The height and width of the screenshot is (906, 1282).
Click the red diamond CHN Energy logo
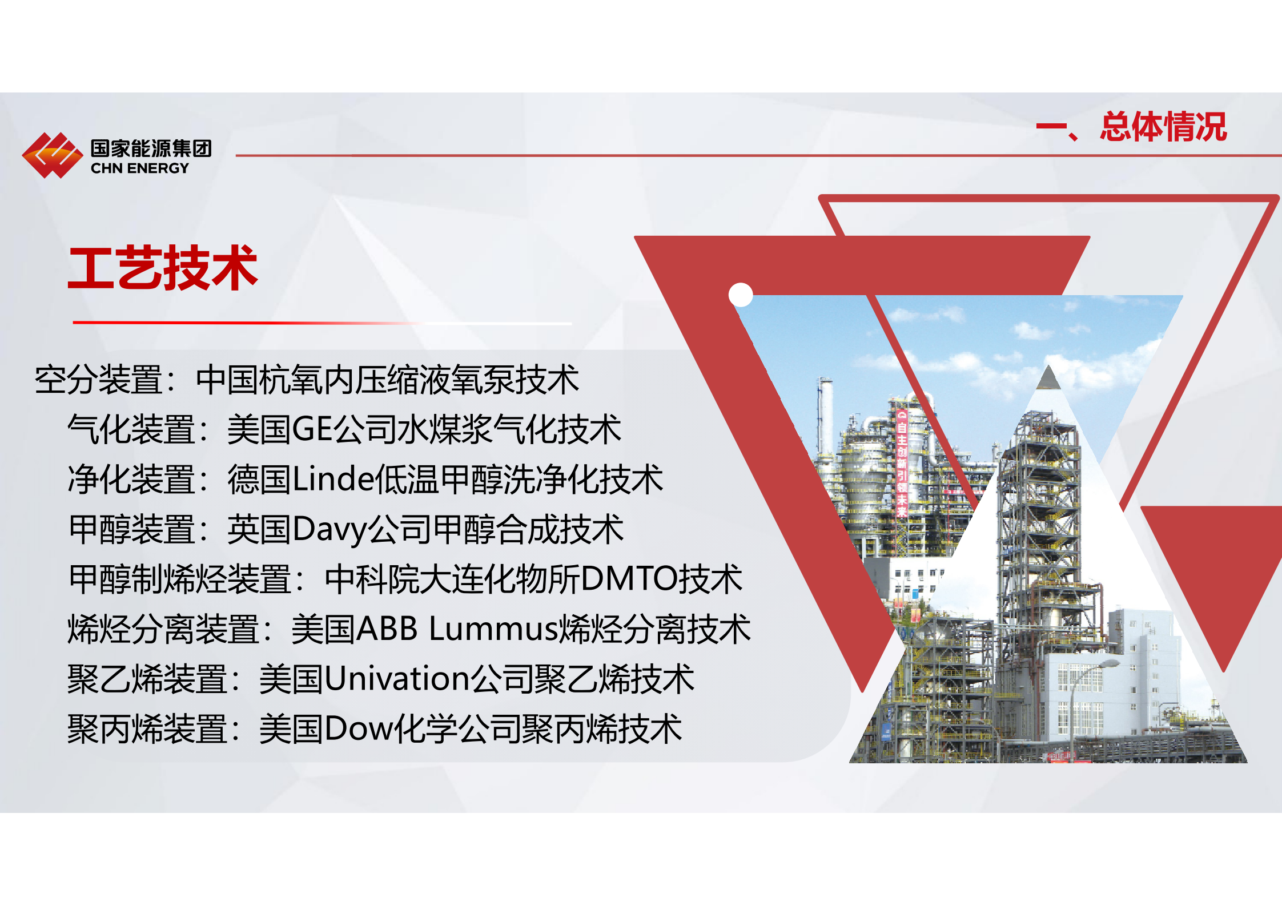click(x=52, y=155)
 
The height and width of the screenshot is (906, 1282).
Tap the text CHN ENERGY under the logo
click(x=139, y=168)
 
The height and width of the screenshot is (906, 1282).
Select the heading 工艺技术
click(x=163, y=268)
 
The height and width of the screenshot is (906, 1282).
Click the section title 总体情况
click(x=1163, y=127)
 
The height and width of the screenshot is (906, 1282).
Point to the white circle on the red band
click(x=741, y=295)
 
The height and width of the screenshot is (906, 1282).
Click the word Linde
click(x=333, y=479)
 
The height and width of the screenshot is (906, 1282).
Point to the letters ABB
click(x=387, y=629)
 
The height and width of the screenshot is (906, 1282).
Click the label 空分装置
click(x=98, y=380)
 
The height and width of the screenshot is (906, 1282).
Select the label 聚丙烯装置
click(x=147, y=729)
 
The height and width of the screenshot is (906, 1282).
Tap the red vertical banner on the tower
click(x=901, y=463)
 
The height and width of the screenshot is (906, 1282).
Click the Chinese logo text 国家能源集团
click(x=151, y=148)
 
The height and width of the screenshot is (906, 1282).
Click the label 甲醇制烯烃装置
click(x=179, y=579)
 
